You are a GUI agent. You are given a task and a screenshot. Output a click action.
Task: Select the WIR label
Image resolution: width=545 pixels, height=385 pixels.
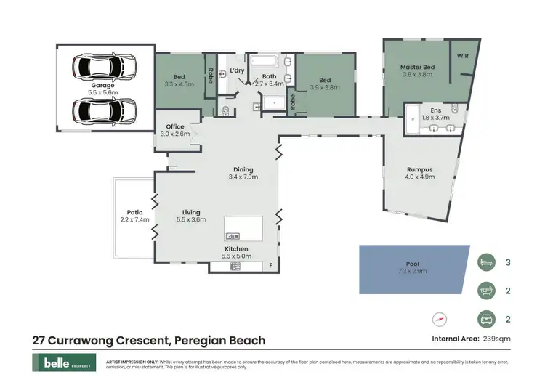point(463,55)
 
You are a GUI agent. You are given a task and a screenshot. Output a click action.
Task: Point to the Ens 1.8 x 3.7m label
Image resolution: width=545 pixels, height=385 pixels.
point(437,113)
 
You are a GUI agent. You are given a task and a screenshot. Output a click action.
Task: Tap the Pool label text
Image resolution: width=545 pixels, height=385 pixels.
point(412,264)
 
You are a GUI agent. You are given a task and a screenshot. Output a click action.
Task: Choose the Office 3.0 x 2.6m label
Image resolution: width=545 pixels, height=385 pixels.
point(175,130)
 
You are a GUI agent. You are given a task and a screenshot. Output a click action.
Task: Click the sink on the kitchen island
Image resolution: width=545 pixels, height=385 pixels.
point(233,236)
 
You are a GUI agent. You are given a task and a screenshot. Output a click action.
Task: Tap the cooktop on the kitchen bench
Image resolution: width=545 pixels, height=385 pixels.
point(235,267)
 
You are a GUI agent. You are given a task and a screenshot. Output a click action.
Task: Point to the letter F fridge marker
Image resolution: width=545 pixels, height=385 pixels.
point(270,266)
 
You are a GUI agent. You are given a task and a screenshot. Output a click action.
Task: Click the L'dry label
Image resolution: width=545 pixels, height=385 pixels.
point(236,70)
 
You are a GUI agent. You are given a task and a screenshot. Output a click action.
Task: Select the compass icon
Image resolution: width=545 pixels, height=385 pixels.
point(439,318)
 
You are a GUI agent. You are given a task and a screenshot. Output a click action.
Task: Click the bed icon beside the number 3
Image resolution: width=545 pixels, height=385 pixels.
point(486,262)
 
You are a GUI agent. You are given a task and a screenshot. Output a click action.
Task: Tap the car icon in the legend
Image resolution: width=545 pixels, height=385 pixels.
point(486,318)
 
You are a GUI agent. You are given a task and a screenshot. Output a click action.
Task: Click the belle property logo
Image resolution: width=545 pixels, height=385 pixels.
point(62,362)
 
